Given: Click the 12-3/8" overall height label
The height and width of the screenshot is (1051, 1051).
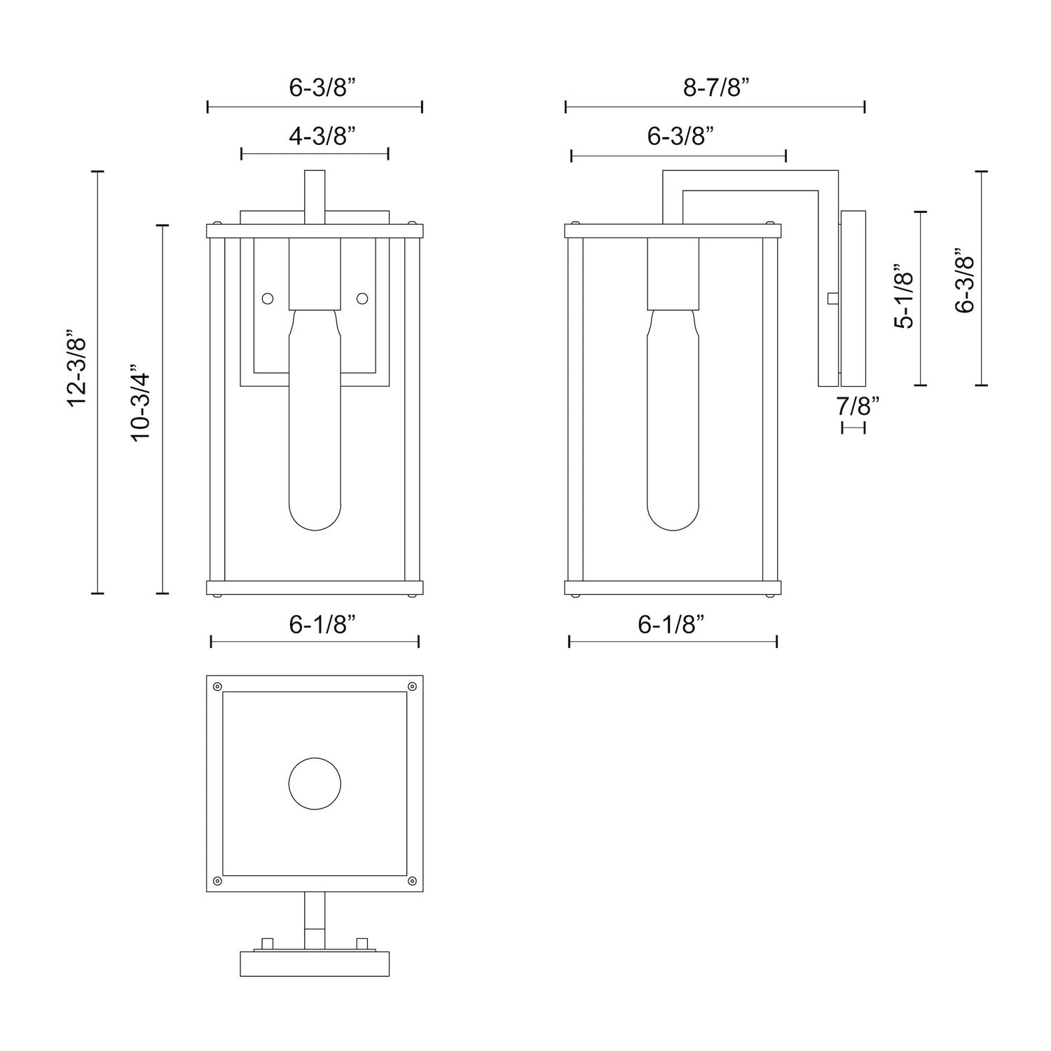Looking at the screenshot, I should click(x=76, y=369).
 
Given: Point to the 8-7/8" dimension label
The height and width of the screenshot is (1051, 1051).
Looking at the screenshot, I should click(x=715, y=88).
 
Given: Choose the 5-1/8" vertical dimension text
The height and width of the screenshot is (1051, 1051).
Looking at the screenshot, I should click(x=905, y=296).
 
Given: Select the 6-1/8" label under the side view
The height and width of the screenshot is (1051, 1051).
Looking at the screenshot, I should click(x=671, y=624).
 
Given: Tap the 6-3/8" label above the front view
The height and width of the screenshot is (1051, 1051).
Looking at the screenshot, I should click(x=323, y=88).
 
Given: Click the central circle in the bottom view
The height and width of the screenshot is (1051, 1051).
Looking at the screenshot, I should click(x=315, y=784).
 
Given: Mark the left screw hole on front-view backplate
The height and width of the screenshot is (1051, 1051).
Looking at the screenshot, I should click(x=267, y=298).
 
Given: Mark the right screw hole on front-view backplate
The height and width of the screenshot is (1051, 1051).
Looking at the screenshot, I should click(x=362, y=298).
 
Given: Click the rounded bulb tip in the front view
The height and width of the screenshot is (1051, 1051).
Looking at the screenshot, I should click(x=315, y=515).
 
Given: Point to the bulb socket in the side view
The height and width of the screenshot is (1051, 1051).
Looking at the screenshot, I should click(x=673, y=273).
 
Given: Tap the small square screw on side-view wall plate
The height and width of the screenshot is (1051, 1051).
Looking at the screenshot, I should click(x=832, y=298).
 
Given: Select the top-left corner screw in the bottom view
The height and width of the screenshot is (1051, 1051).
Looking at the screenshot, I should click(x=217, y=686).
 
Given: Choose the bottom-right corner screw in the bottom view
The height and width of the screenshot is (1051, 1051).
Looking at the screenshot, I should click(x=412, y=880).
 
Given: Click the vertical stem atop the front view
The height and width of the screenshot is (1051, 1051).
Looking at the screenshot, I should click(x=315, y=196).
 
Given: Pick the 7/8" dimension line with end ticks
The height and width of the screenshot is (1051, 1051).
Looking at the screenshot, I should click(x=853, y=427).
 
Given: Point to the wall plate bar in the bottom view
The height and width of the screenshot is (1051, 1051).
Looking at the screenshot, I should click(x=315, y=963).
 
